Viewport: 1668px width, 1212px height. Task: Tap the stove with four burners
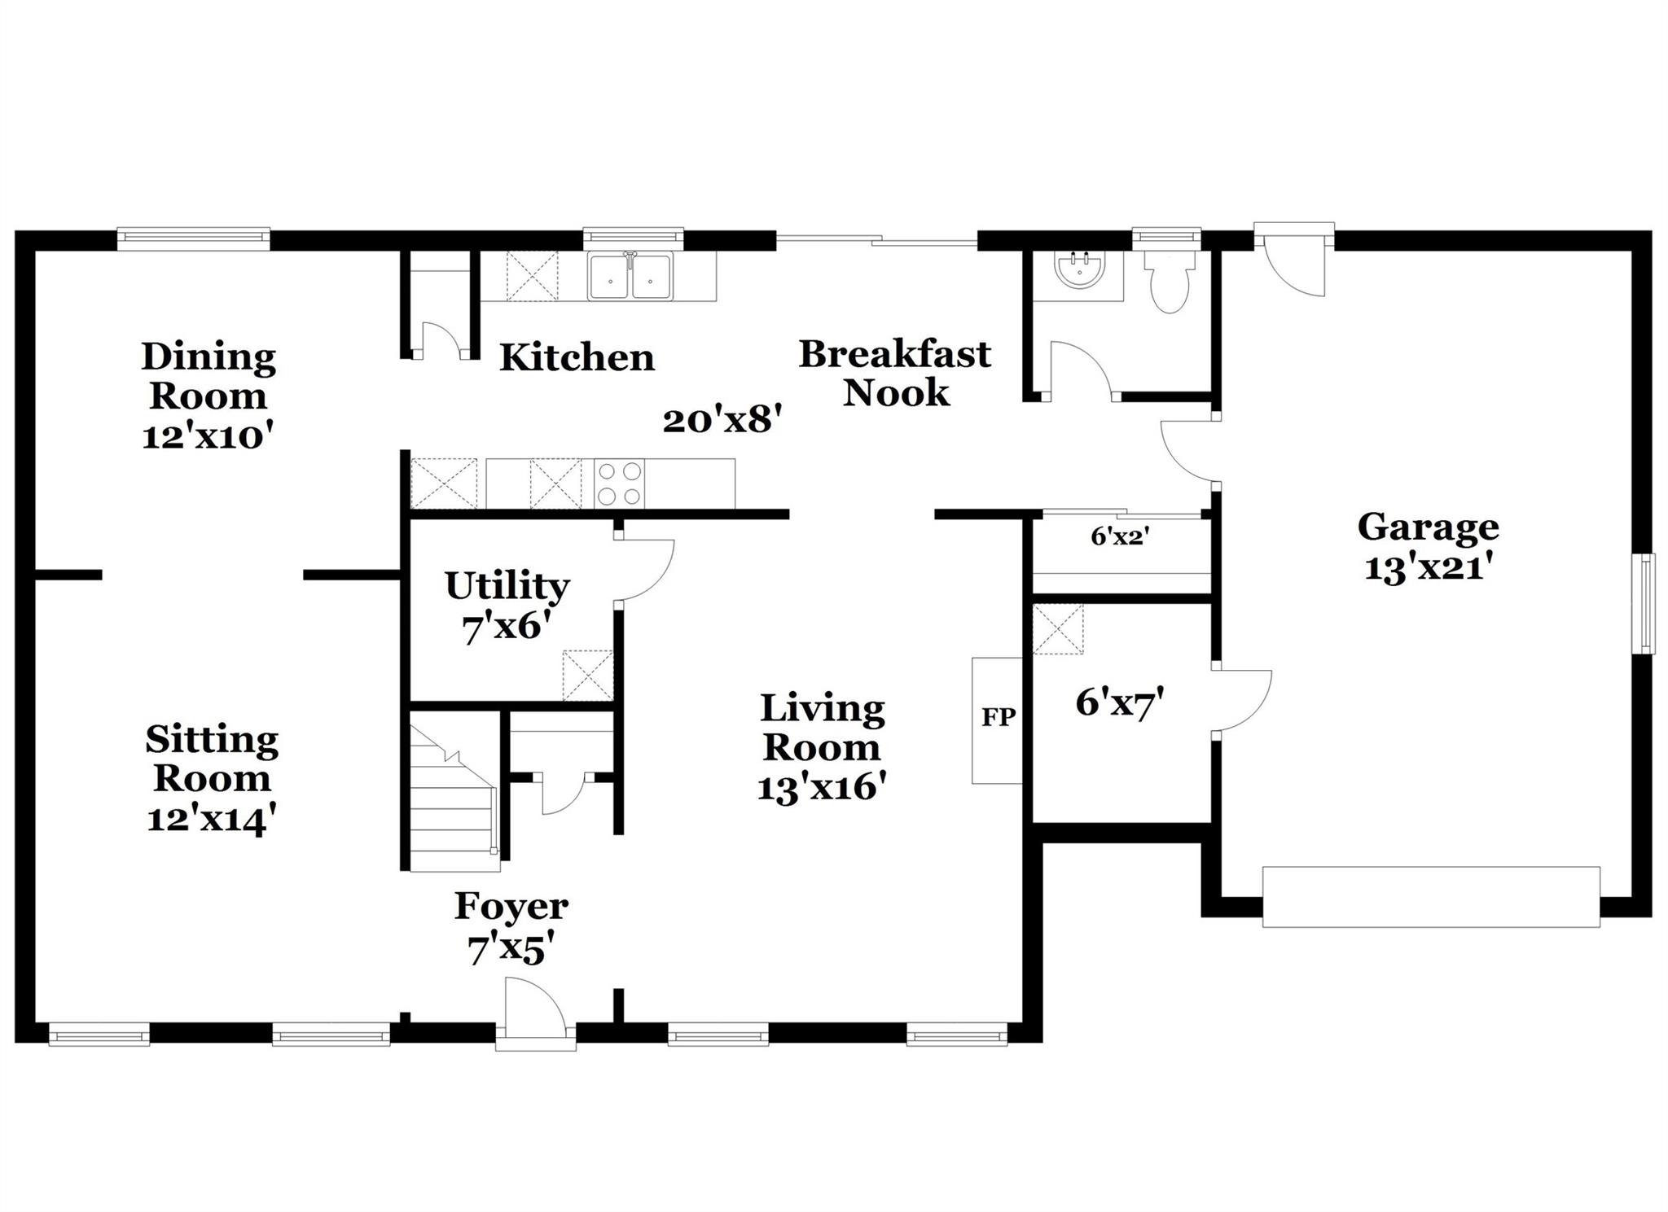tap(619, 483)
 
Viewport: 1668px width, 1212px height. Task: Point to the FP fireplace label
tap(998, 717)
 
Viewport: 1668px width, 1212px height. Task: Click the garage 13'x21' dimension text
tap(1427, 568)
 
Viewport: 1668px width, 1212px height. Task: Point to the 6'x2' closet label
tap(1120, 536)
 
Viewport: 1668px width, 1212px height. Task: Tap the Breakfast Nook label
tap(895, 373)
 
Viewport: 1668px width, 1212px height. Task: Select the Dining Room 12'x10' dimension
tap(208, 437)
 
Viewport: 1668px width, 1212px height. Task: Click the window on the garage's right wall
tap(1647, 603)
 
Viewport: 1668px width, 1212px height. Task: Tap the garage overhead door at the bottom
tap(1430, 897)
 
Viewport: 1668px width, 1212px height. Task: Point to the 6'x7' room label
tap(1118, 703)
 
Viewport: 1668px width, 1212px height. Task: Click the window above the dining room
tap(193, 237)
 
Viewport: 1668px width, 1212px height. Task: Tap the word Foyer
tap(511, 906)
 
